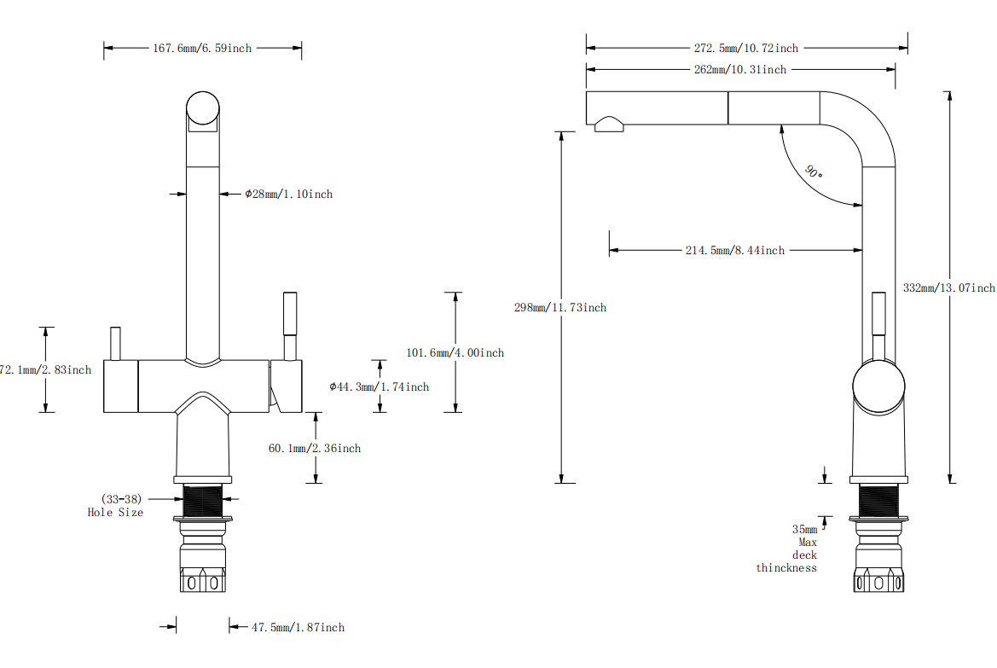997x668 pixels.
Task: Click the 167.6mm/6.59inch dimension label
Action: pos(202,49)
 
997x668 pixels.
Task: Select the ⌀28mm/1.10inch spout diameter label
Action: pos(288,195)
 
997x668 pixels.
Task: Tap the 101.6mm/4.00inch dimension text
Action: pos(455,353)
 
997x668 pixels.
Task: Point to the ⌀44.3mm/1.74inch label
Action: pos(379,387)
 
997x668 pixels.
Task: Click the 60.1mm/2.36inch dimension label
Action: pos(314,449)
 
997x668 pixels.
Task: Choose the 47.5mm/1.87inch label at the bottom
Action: pos(298,628)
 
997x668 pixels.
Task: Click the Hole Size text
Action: pos(115,513)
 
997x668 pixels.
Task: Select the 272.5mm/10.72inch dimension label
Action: pos(745,49)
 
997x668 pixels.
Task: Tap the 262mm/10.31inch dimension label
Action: pos(739,70)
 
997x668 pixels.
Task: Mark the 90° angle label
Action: pos(813,171)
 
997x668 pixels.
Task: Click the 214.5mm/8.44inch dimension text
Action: pos(734,251)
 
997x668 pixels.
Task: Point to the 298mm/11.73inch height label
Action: pos(559,308)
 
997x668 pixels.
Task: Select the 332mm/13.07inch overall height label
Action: pos(948,288)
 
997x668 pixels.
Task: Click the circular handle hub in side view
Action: pos(878,386)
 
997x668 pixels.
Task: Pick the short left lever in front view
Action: pos(115,343)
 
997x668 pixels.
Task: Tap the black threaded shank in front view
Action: pos(203,499)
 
